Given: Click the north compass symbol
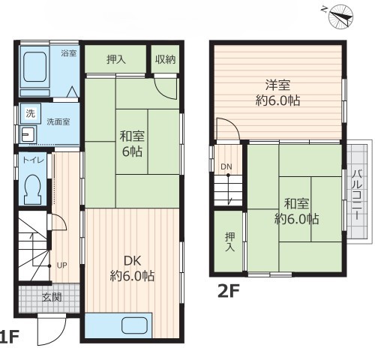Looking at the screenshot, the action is pyautogui.click(x=340, y=17).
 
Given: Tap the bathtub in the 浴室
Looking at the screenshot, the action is pyautogui.click(x=35, y=67).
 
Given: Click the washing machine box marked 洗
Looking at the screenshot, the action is pyautogui.click(x=31, y=113).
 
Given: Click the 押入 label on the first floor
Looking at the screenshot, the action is pyautogui.click(x=116, y=59).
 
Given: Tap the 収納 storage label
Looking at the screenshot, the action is pyautogui.click(x=165, y=59).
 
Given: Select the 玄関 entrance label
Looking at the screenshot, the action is pyautogui.click(x=52, y=297).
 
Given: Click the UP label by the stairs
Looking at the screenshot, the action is pyautogui.click(x=61, y=265).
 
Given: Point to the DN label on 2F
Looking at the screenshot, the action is pyautogui.click(x=226, y=166).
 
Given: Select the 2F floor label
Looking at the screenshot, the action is pyautogui.click(x=229, y=291).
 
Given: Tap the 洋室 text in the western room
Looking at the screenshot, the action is pyautogui.click(x=277, y=85).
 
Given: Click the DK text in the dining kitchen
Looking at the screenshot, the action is pyautogui.click(x=132, y=261).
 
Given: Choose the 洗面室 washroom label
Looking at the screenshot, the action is pyautogui.click(x=58, y=121).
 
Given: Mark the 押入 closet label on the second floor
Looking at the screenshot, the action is pyautogui.click(x=229, y=241).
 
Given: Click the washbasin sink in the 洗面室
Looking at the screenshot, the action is pyautogui.click(x=28, y=135).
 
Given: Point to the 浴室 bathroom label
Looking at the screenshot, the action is pyautogui.click(x=68, y=53).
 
